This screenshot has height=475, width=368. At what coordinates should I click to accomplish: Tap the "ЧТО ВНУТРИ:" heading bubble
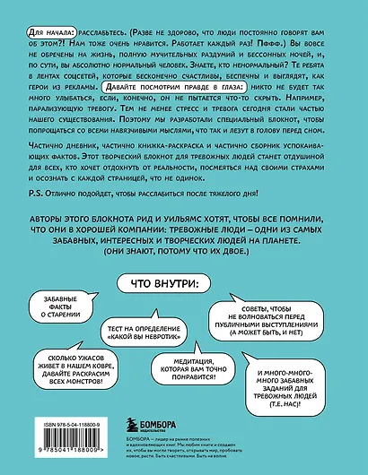click(x=184, y=283)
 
